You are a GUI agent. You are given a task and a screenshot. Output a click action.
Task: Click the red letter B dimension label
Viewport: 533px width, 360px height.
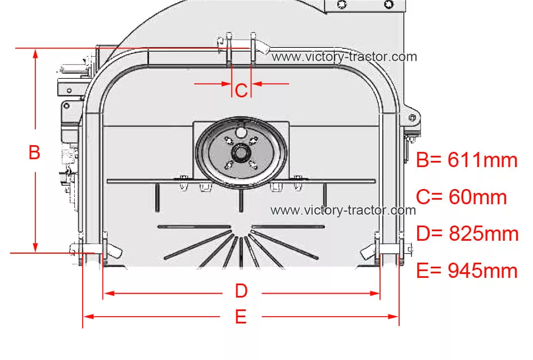[34, 152]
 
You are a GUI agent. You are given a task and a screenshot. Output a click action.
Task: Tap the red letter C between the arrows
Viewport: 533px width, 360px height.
[241, 91]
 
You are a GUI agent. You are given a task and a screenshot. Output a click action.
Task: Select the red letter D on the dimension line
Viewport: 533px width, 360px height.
[241, 291]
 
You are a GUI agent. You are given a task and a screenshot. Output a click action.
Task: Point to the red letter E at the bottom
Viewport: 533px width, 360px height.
[241, 317]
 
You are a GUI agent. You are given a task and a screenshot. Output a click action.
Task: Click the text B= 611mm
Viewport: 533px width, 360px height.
[467, 160]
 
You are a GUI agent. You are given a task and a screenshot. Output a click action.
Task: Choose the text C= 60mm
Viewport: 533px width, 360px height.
[461, 197]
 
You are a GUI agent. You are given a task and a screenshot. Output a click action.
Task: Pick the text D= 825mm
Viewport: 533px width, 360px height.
[467, 233]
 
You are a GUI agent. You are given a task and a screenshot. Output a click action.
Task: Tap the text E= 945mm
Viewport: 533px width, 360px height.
[467, 271]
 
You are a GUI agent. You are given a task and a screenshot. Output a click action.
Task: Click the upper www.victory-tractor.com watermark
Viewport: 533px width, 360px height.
[344, 56]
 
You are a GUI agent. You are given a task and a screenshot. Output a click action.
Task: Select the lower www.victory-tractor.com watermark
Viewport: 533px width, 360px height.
[343, 210]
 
